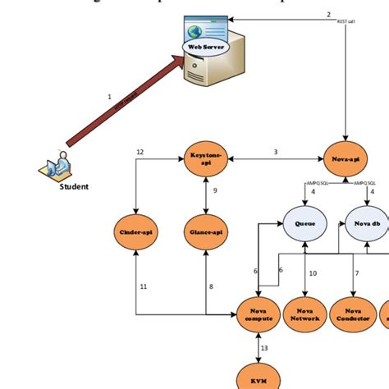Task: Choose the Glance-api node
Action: click(x=205, y=232)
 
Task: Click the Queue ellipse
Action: click(x=304, y=223)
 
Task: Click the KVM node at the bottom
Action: click(x=259, y=378)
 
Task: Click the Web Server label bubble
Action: click(x=206, y=47)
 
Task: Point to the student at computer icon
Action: click(x=56, y=167)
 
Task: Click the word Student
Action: click(x=74, y=186)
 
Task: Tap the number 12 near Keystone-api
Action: click(x=140, y=152)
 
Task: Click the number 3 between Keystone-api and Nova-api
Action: click(x=275, y=152)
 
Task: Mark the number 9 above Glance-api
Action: click(x=214, y=190)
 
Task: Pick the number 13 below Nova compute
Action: click(x=263, y=348)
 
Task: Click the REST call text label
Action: click(x=346, y=22)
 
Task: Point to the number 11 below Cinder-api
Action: click(x=143, y=286)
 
